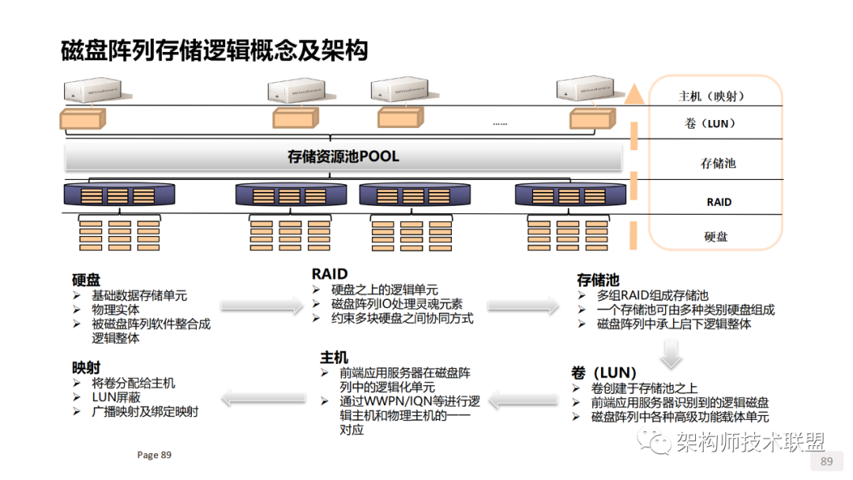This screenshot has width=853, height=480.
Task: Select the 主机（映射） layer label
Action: coord(712,96)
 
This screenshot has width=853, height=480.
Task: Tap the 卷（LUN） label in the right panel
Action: coord(711,124)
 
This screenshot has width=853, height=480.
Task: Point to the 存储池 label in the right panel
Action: coord(718,163)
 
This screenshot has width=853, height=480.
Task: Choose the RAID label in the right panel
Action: coord(719,202)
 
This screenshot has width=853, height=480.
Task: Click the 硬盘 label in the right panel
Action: coord(716,235)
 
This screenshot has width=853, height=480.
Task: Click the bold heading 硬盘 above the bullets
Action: coord(86,279)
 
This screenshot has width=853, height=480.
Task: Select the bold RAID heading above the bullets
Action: coord(329,274)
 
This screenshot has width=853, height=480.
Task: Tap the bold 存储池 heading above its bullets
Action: coord(598,279)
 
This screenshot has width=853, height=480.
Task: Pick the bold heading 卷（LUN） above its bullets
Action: coord(604,372)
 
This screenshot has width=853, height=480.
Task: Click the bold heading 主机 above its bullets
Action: coord(334,358)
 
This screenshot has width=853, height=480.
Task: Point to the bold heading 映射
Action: coord(86,367)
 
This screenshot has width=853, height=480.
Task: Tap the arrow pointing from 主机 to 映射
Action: coord(257,399)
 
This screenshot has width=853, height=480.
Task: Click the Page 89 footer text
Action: coord(154,455)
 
